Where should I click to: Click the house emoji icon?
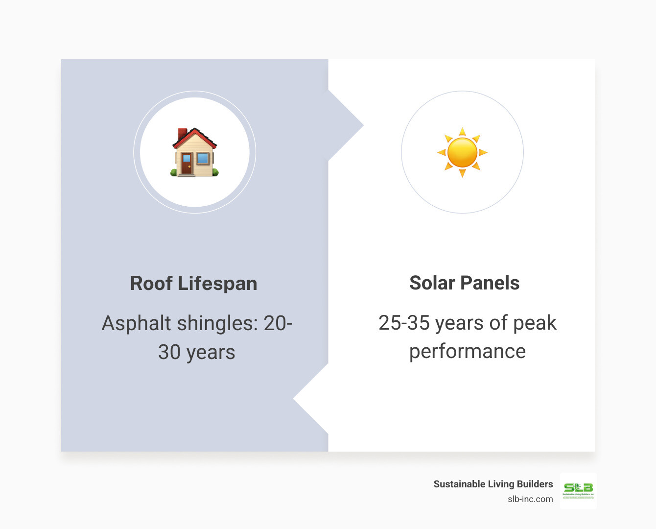[x=194, y=152]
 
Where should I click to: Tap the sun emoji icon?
[x=462, y=152]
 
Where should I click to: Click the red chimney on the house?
[x=182, y=134]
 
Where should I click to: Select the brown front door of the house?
[x=187, y=163]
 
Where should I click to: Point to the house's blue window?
[x=203, y=158]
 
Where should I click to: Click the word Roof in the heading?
[x=151, y=284]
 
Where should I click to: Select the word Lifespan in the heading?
[x=217, y=284]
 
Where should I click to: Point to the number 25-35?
[x=404, y=323]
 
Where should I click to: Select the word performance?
[x=468, y=352]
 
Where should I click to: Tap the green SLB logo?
[x=578, y=490]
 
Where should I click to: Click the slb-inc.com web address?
[x=530, y=499]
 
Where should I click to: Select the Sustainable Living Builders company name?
[x=493, y=484]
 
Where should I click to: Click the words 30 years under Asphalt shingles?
[x=197, y=352]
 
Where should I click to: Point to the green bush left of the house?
[x=174, y=172]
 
